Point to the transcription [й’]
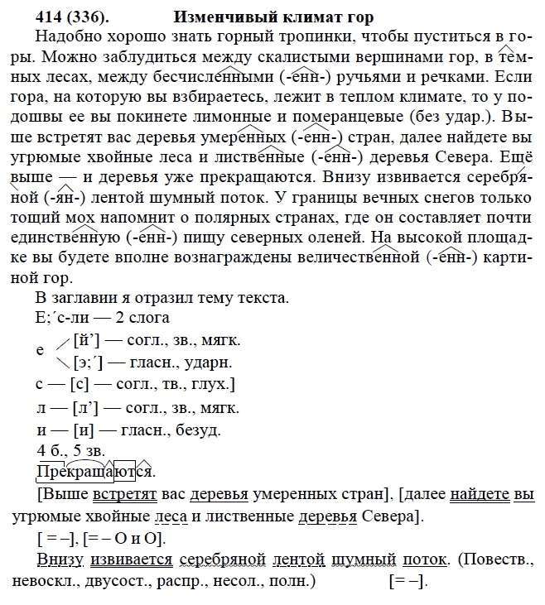click(x=86, y=340)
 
